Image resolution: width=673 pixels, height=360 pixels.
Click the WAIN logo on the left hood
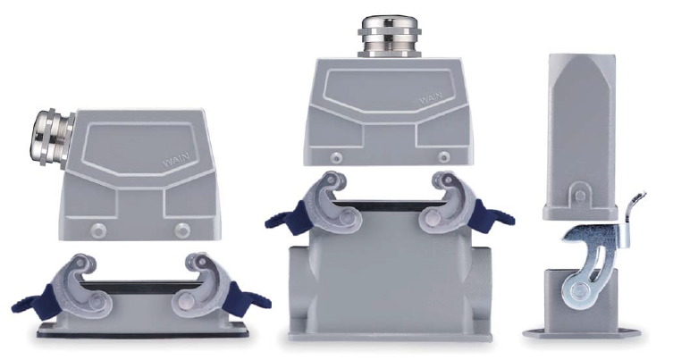[x=176, y=161]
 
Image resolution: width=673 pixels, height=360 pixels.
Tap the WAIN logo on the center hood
[x=433, y=98]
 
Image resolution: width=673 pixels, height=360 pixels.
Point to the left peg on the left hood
[x=98, y=230]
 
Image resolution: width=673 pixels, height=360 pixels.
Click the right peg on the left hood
[x=182, y=230]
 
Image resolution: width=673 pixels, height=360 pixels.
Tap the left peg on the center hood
[x=336, y=157]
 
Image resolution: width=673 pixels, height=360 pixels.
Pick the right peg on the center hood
[x=444, y=156]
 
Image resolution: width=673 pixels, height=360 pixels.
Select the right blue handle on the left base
[x=247, y=299]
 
